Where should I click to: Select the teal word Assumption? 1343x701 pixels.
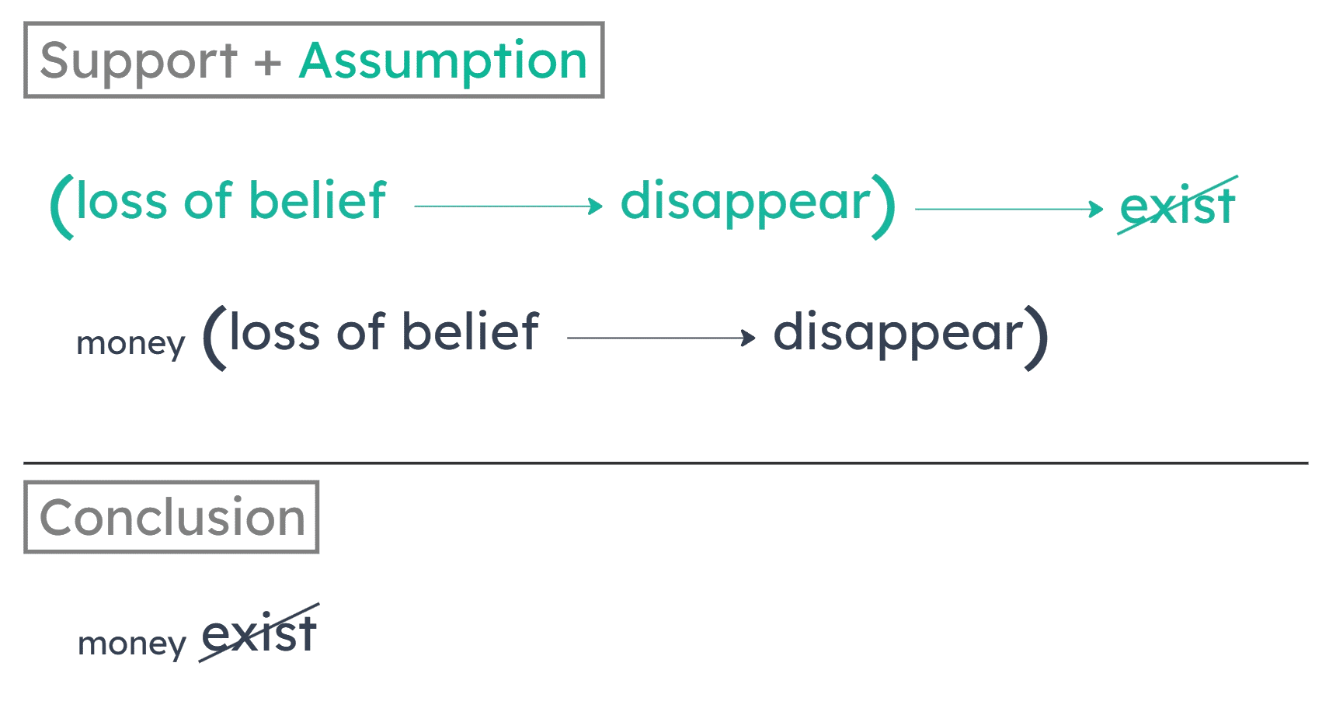pyautogui.click(x=443, y=61)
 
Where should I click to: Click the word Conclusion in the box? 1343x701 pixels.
pyautogui.click(x=172, y=517)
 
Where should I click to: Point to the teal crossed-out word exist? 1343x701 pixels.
pyautogui.click(x=1177, y=206)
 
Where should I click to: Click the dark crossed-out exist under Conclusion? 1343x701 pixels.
pyautogui.click(x=259, y=634)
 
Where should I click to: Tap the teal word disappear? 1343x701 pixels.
pyautogui.click(x=746, y=202)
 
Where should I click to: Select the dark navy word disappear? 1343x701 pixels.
pyautogui.click(x=898, y=334)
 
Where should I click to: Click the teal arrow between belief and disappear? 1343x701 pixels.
pyautogui.click(x=509, y=206)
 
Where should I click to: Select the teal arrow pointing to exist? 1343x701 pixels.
pyautogui.click(x=1009, y=209)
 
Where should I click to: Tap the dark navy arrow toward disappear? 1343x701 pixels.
pyautogui.click(x=661, y=338)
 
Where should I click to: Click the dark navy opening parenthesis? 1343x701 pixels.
pyautogui.click(x=214, y=339)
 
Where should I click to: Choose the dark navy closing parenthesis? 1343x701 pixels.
pyautogui.click(x=1036, y=339)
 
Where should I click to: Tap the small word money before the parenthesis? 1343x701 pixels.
pyautogui.click(x=130, y=344)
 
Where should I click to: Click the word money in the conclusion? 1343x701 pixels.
pyautogui.click(x=132, y=644)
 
